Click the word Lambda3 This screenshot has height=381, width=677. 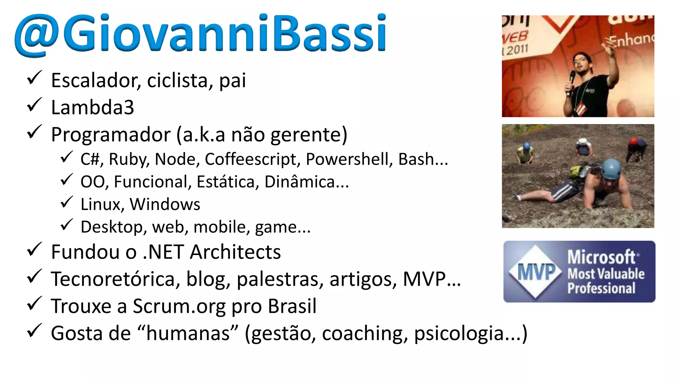pyautogui.click(x=93, y=107)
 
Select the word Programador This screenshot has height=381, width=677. pyautogui.click(x=111, y=135)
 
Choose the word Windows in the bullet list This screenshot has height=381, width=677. pyautogui.click(x=165, y=204)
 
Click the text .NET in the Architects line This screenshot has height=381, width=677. pyautogui.click(x=163, y=252)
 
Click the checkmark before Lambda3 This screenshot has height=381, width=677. pyautogui.click(x=34, y=105)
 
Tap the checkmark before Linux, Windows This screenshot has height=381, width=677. pyautogui.click(x=66, y=202)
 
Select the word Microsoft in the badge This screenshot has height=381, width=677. pyautogui.click(x=601, y=257)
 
